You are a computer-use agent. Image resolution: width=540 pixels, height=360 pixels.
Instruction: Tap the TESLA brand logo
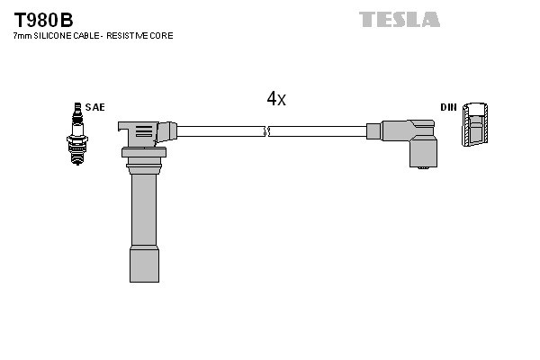399,19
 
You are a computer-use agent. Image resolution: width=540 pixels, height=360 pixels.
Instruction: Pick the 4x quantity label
276,99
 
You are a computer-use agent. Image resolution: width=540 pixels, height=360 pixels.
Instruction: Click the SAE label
95,107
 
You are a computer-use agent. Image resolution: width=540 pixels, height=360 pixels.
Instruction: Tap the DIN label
448,107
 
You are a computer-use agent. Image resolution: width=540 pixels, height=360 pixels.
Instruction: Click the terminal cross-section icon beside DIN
477,125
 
